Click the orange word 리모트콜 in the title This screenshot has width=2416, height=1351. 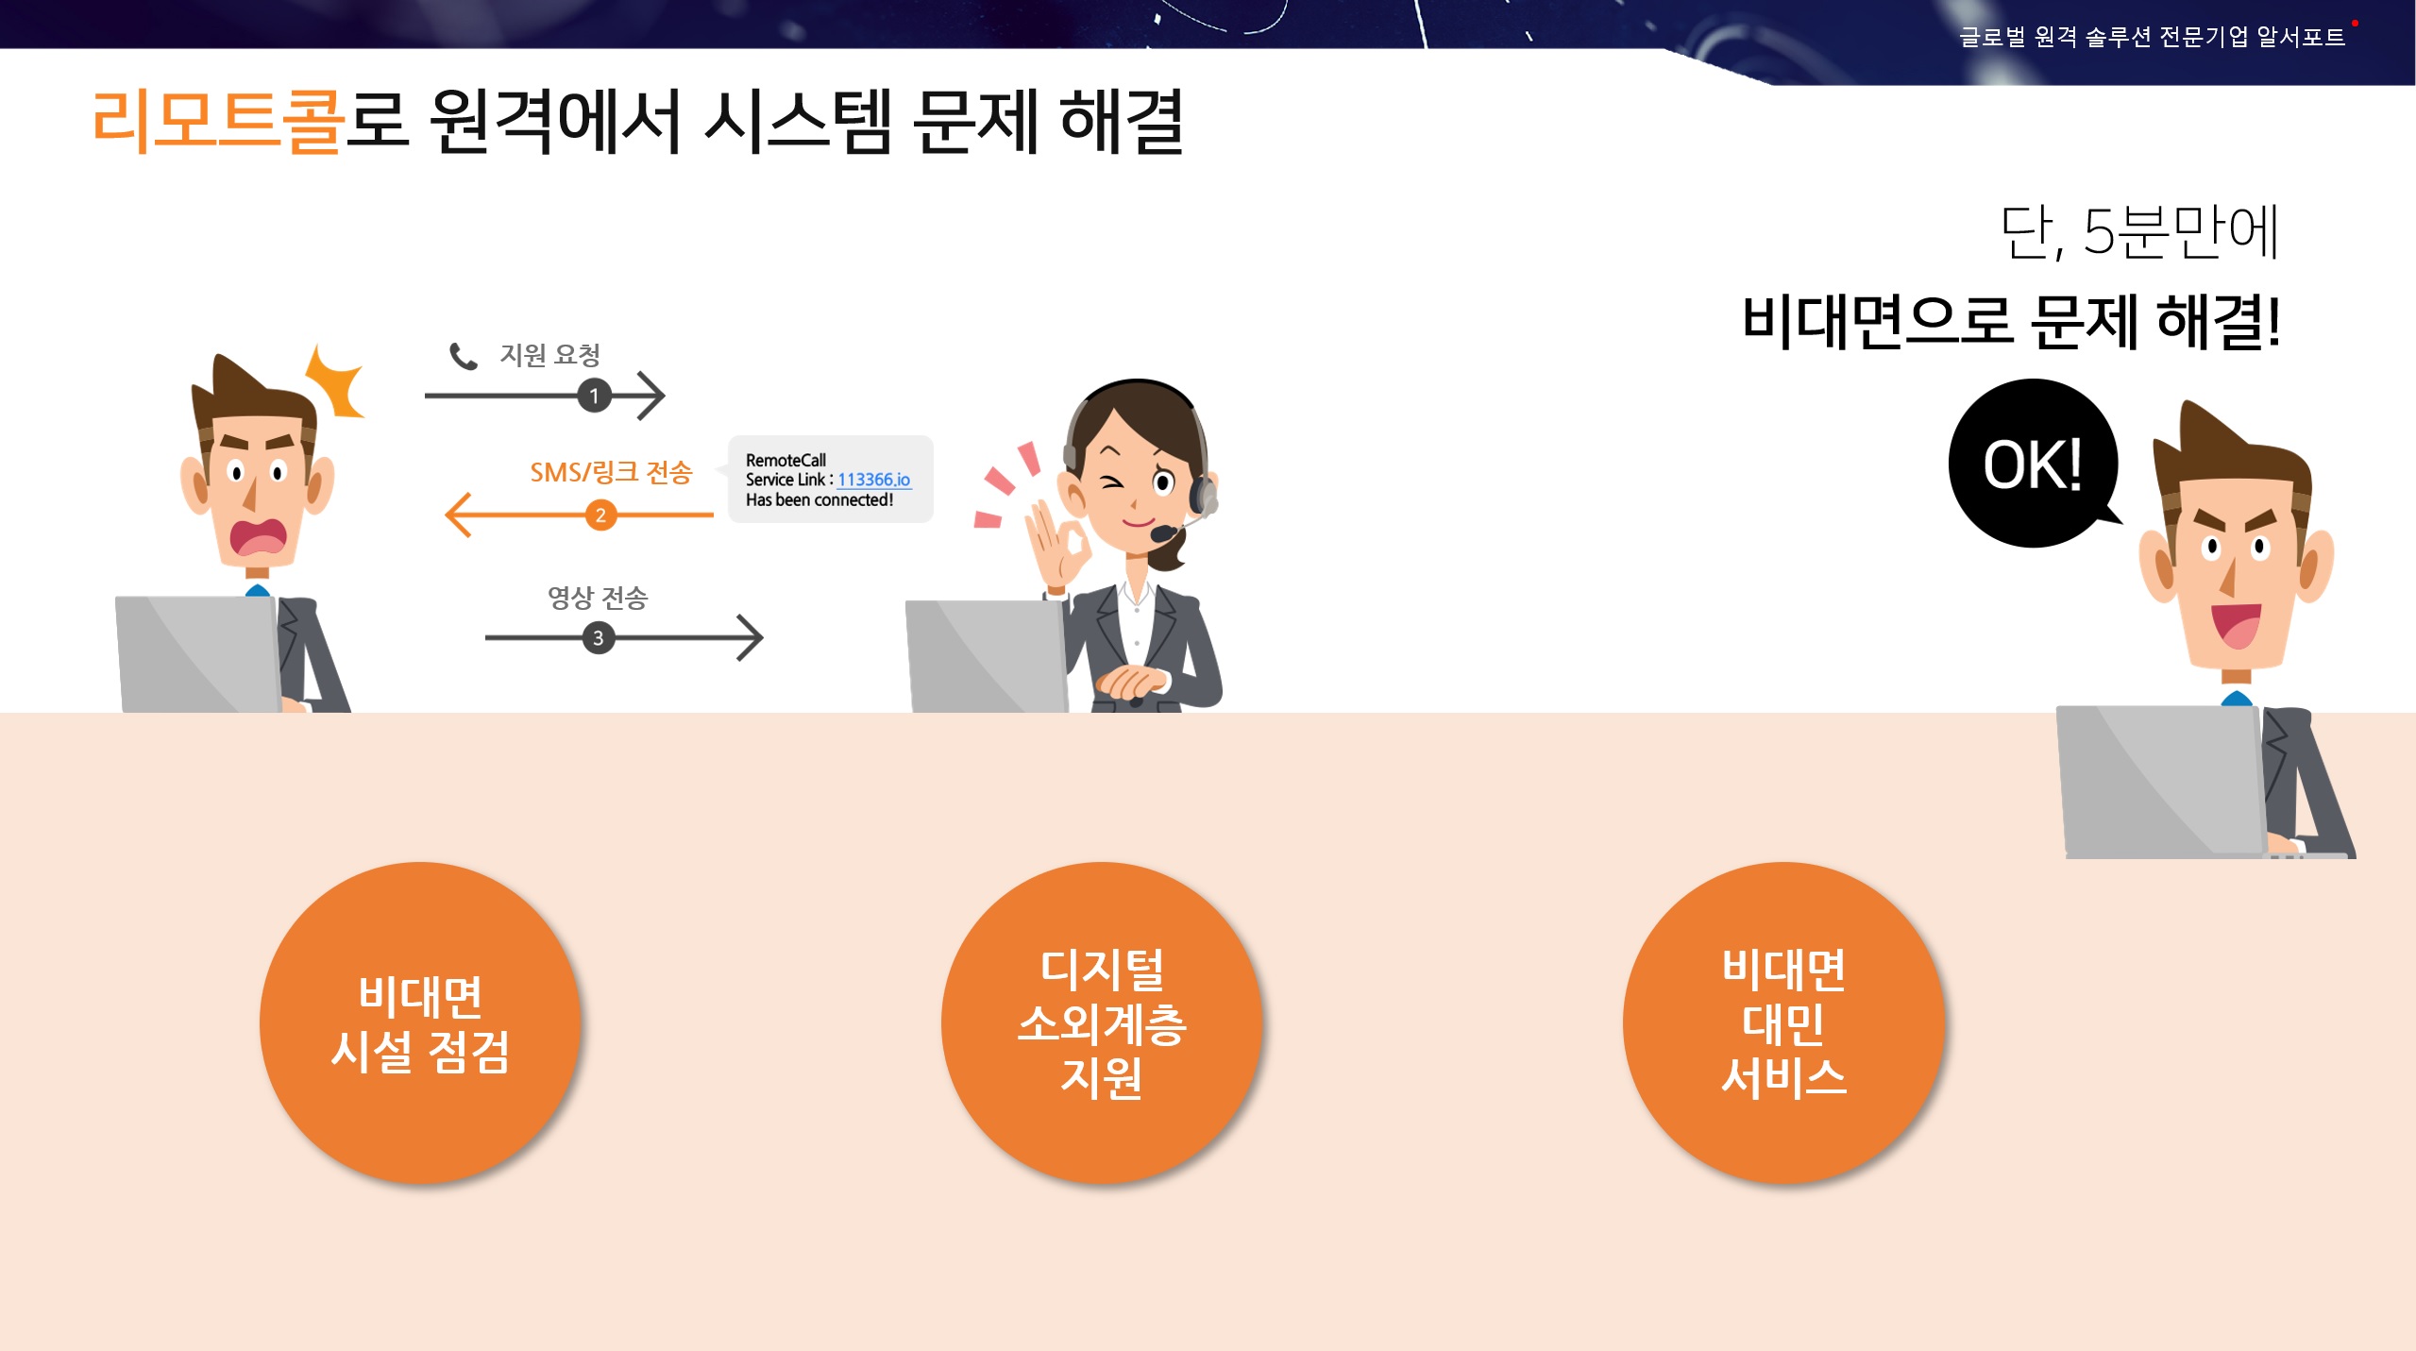217,121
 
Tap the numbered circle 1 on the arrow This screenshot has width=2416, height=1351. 594,396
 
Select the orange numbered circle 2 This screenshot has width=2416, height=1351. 600,515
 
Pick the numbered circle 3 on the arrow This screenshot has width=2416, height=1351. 598,638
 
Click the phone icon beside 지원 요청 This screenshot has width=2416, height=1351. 463,356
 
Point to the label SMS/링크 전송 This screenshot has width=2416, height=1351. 611,472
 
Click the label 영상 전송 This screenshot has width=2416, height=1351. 598,598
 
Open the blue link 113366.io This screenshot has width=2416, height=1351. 873,480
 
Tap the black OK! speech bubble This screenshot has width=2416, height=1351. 2033,464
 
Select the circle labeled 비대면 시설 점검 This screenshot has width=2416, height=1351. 420,1022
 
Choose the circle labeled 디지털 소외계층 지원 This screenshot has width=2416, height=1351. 1101,1022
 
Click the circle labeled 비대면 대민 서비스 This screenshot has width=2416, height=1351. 1783,1022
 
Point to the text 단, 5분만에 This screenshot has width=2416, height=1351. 2139,231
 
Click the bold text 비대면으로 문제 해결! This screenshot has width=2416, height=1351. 2011,321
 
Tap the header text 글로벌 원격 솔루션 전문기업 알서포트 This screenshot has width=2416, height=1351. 2152,37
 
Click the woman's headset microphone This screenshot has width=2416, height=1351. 1163,533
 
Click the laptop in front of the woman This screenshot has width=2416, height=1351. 987,656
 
